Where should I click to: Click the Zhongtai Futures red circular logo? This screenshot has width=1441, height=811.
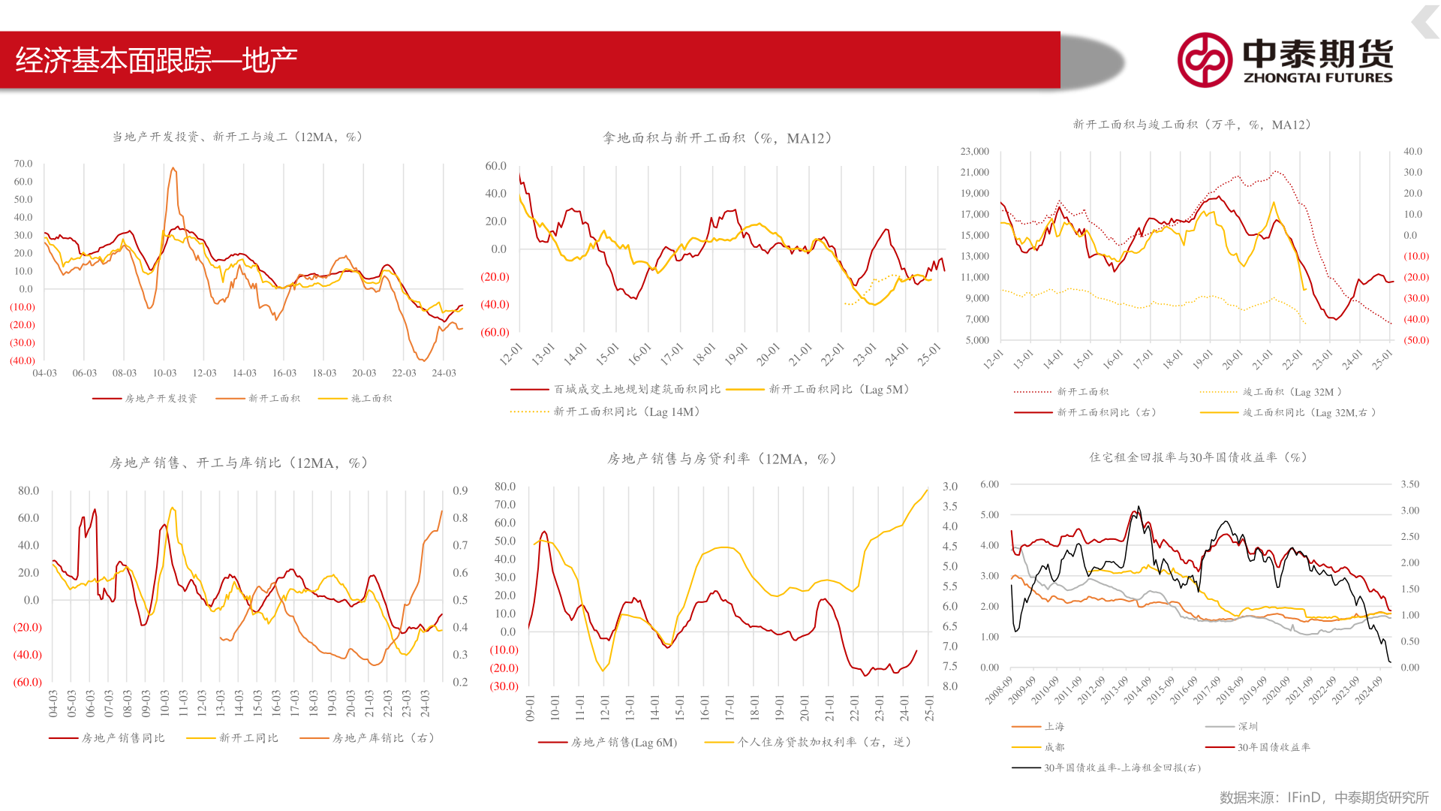pos(1204,60)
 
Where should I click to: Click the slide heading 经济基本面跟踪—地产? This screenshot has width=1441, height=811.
pos(156,60)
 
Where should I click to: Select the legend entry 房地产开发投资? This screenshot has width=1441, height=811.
pos(161,399)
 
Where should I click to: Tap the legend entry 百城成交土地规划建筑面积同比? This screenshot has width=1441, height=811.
pos(636,390)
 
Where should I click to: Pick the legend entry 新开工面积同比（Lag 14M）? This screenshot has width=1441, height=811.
pos(627,412)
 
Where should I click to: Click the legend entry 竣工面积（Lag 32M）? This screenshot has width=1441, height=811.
pos(1292,392)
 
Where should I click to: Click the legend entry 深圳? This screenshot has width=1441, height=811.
pos(1247,727)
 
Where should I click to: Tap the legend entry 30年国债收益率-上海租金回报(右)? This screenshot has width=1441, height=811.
pos(1122,768)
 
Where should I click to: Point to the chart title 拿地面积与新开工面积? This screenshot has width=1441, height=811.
pos(717,138)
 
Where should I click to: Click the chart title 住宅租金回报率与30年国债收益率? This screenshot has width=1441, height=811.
pos(1198,457)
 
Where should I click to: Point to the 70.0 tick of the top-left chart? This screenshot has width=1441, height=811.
pos(23,164)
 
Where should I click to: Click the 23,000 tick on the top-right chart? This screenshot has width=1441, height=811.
pos(974,152)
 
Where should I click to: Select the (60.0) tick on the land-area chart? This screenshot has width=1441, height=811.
pos(495,333)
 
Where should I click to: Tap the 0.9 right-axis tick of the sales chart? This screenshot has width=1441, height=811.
pos(460,491)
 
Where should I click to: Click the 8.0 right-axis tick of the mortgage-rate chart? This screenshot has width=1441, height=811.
pos(949,686)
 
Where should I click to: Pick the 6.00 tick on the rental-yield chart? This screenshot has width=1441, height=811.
pos(989,485)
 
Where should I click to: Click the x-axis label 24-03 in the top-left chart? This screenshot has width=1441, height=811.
pos(444,373)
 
